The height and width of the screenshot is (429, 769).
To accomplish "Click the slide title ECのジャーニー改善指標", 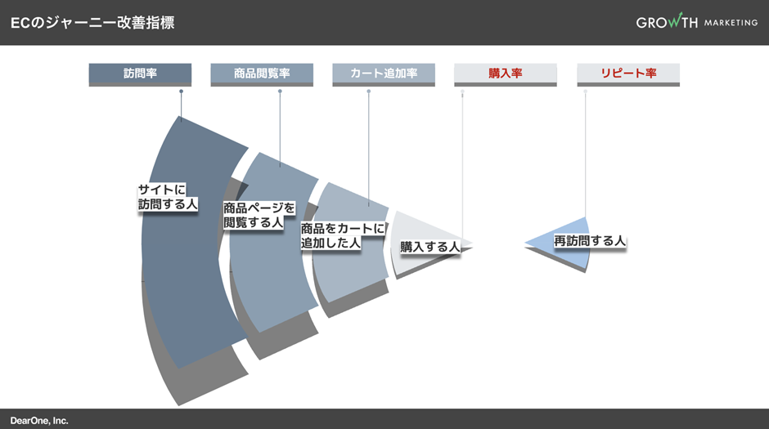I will click(92, 23).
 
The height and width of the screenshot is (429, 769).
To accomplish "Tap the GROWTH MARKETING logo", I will click(696, 22).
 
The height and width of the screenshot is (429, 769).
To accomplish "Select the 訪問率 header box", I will click(140, 74).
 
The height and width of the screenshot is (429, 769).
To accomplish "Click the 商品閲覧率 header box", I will click(262, 74).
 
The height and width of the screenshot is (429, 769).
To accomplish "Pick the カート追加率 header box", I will click(384, 74).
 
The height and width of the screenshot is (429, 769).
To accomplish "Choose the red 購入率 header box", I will click(506, 74).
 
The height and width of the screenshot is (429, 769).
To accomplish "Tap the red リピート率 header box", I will click(628, 74).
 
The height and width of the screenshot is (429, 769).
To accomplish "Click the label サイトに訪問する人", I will click(168, 197).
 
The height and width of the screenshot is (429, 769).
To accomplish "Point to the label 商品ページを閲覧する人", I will click(259, 215).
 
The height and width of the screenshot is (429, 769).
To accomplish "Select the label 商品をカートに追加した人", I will click(342, 236).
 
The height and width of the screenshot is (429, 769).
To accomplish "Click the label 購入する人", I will click(429, 246).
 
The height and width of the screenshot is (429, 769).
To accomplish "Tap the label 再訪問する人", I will click(590, 240).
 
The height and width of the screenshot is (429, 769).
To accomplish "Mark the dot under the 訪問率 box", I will click(181, 92).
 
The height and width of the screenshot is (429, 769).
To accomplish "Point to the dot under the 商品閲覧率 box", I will click(280, 92).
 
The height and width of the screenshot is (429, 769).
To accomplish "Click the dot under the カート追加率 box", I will click(369, 92).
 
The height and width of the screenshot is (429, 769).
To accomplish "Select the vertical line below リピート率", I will click(585, 155).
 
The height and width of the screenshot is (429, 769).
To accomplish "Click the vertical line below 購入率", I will click(462, 163).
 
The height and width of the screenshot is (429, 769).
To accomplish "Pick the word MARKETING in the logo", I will click(731, 23).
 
